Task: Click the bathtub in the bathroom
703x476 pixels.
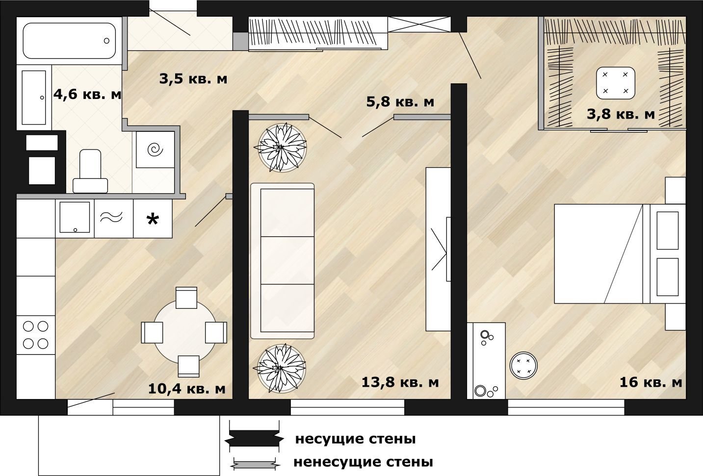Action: (x=69, y=41)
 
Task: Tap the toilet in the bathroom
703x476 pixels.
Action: (x=90, y=171)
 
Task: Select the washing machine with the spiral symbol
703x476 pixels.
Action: (x=155, y=150)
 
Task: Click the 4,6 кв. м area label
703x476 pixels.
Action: (x=87, y=94)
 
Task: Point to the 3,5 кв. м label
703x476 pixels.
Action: (x=193, y=79)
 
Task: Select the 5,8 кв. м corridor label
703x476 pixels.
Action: (x=400, y=102)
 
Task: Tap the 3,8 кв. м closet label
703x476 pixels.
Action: (x=621, y=114)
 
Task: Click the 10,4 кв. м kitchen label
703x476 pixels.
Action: (x=187, y=389)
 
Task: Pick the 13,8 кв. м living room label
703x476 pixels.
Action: (x=400, y=382)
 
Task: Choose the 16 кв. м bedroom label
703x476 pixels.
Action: (x=651, y=382)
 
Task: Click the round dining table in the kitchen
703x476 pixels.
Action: (x=185, y=332)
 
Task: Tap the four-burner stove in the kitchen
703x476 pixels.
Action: (x=36, y=335)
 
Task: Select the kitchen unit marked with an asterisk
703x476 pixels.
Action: (x=153, y=219)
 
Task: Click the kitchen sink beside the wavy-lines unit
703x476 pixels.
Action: (x=75, y=217)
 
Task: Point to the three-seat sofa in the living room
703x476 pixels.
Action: (x=283, y=261)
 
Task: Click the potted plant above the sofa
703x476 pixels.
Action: (x=282, y=147)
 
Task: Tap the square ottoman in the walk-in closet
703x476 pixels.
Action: (x=616, y=83)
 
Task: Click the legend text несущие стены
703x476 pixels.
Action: (x=355, y=439)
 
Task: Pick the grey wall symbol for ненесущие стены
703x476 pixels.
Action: (x=255, y=462)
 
